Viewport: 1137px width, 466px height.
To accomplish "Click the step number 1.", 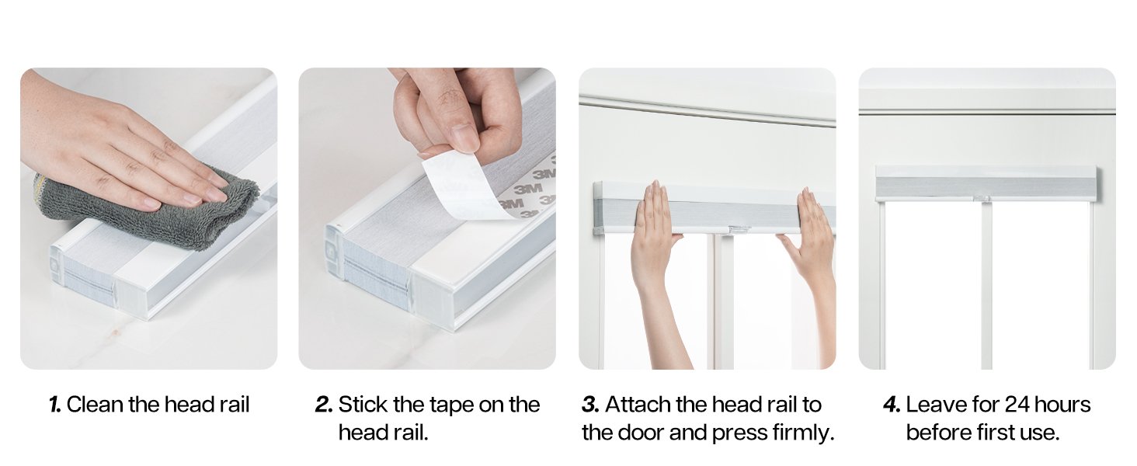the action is [x=55, y=405].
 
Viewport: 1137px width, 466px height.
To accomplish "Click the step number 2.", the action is [x=324, y=405].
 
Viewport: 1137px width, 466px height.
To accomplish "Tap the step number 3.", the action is [x=590, y=405].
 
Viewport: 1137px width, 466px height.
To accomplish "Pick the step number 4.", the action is [x=892, y=405].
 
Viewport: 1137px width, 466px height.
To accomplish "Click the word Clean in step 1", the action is [x=95, y=405].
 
